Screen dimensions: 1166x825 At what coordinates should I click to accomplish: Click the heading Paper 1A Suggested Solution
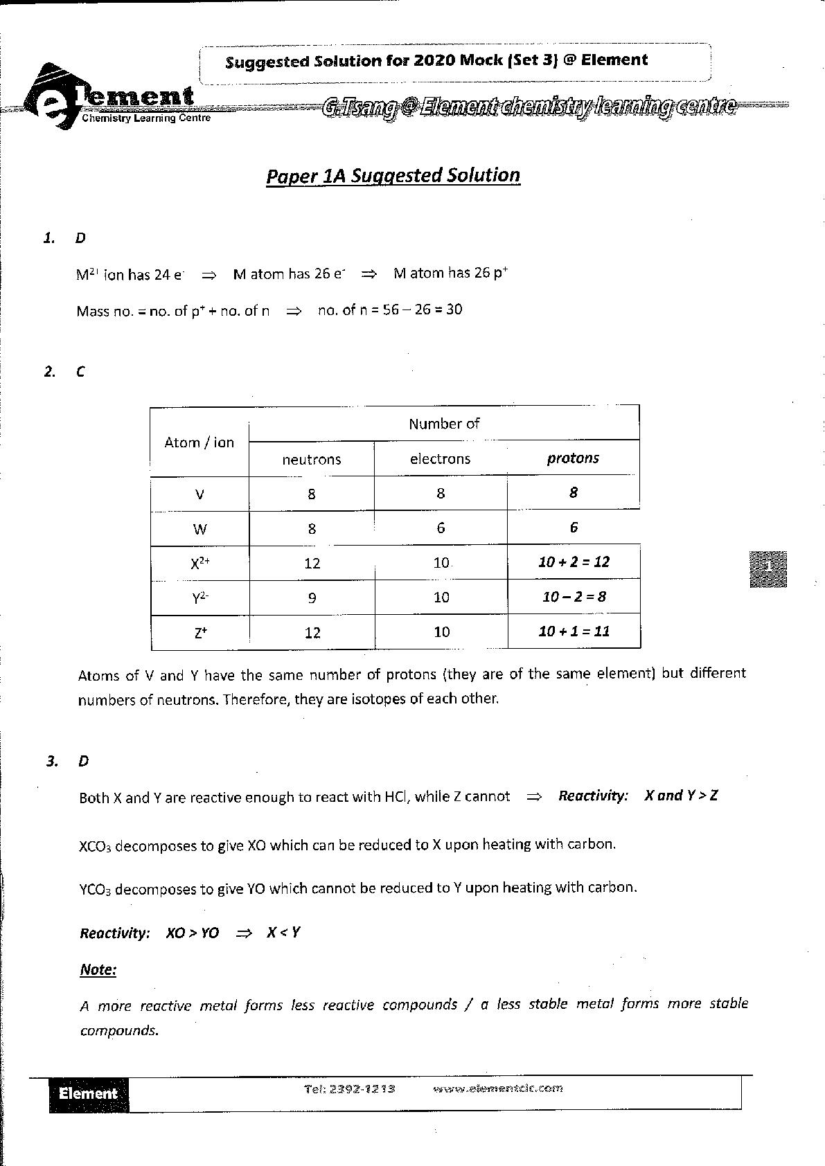coord(393,176)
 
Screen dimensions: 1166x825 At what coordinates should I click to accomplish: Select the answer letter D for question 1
coord(80,238)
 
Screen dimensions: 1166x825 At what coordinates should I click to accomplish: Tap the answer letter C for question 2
coord(80,372)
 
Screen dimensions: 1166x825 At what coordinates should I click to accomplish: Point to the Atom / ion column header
coord(199,442)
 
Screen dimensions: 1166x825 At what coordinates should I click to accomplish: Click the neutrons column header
coord(312,460)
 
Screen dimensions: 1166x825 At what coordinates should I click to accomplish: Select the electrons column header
coord(440,459)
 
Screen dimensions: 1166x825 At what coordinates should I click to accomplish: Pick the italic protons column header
coord(573,458)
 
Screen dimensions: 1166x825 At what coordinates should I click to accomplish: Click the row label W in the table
coord(199,530)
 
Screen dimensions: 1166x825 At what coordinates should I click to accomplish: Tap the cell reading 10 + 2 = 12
coord(574,562)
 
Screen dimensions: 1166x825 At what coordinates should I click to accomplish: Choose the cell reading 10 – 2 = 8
coord(574,597)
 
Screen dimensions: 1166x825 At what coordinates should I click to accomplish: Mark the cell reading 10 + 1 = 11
coord(574,631)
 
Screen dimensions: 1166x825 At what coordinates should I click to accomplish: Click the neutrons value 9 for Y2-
coord(312,598)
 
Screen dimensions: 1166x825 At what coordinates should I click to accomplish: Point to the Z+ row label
coord(200,632)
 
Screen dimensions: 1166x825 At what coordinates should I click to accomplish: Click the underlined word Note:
coord(98,969)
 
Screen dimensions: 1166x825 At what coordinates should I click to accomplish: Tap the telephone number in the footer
coord(349,1088)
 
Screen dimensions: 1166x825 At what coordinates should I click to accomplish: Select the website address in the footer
coord(497,1088)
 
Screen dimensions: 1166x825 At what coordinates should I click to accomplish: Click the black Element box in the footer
coord(89,1094)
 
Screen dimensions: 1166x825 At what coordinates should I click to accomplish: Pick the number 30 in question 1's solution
coord(454,310)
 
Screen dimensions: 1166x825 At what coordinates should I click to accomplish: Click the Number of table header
coord(444,424)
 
